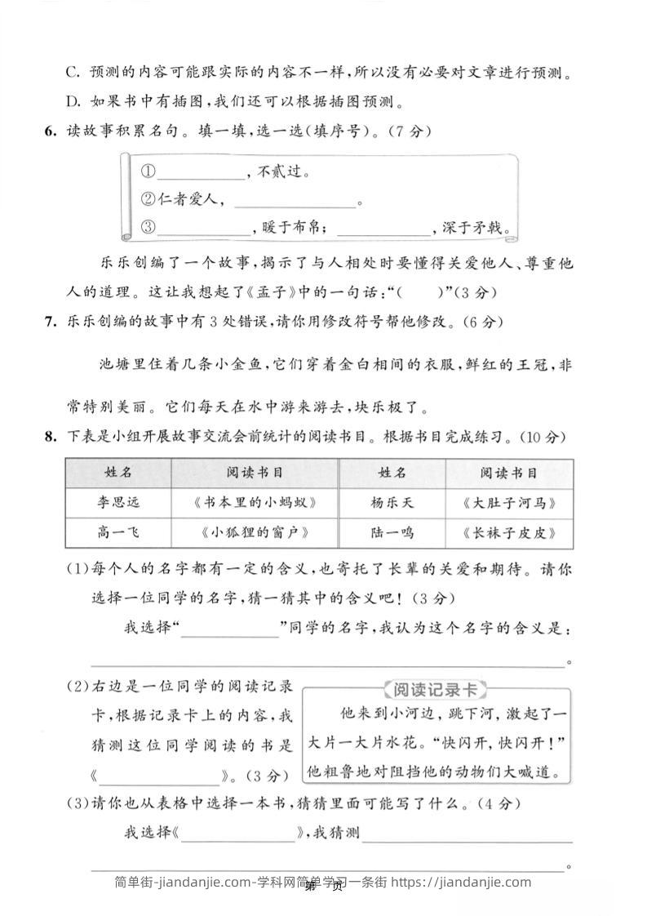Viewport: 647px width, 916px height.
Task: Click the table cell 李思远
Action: pos(118,503)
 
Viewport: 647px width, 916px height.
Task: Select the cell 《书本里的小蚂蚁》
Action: pos(255,503)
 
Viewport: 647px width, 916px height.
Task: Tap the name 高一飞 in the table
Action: pos(118,532)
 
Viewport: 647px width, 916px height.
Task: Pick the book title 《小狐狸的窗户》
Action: pos(255,532)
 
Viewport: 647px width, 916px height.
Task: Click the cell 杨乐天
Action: pos(392,503)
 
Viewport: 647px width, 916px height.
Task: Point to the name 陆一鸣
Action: pos(392,532)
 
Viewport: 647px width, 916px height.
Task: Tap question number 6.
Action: pos(51,131)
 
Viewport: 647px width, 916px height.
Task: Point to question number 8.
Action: pos(51,438)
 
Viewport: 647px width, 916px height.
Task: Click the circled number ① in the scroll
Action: pos(148,172)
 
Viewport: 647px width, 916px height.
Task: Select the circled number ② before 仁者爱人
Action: pos(148,199)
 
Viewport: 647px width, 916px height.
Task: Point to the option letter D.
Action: pos(73,102)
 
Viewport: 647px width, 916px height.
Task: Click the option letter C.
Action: pos(73,73)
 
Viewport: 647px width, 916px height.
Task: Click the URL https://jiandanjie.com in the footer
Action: pos(460,882)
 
